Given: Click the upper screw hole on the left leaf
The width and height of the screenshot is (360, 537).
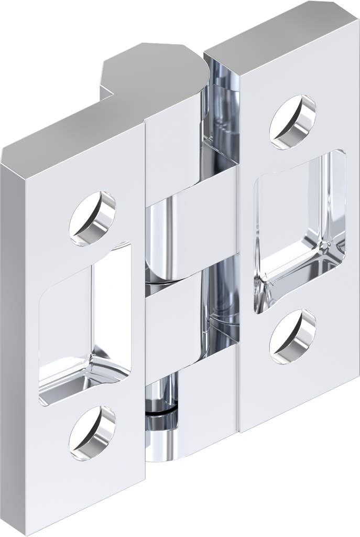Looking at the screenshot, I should tap(93, 219).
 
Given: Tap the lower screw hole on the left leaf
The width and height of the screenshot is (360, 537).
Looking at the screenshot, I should tap(93, 433).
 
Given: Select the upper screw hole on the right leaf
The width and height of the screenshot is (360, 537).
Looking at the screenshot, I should tap(293, 122).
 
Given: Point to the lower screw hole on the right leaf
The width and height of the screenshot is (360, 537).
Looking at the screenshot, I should tap(293, 336).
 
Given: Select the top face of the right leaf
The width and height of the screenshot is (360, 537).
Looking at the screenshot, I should tap(272, 31).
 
